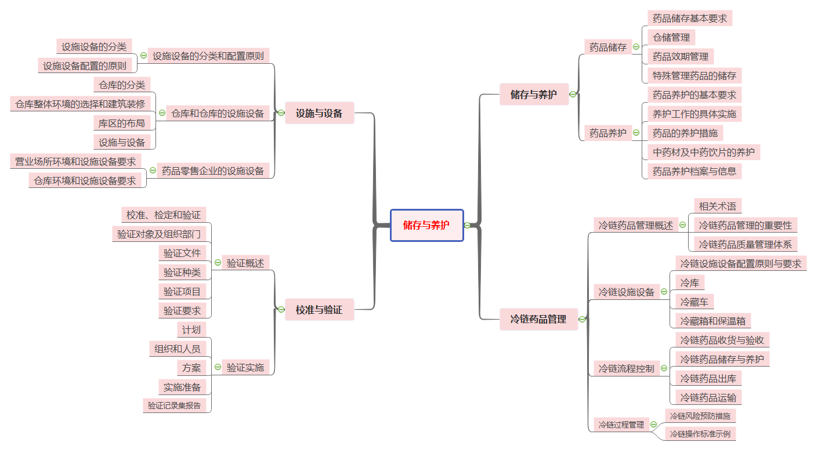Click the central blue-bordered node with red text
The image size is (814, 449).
coord(426,225)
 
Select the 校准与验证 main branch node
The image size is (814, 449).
coord(319,310)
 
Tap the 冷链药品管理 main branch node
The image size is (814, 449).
coord(538,319)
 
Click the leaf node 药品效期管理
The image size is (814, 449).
coord(680,56)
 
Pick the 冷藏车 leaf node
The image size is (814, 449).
coord(694,302)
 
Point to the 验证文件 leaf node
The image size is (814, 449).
coord(182,253)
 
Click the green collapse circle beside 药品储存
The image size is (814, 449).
coord(636,47)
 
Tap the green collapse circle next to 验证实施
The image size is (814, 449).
coord(218,367)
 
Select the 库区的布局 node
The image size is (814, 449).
coord(122,123)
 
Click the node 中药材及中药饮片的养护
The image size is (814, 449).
coord(703,152)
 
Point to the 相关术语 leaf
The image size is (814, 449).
coord(717,206)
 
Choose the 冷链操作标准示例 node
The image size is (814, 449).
coord(700,433)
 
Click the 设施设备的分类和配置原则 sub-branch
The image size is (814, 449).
coord(208,56)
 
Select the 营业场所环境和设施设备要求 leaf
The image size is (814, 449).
coord(75,161)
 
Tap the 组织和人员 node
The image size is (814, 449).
coord(178,349)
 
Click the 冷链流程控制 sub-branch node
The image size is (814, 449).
coord(626,368)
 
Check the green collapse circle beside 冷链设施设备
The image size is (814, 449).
coord(664,292)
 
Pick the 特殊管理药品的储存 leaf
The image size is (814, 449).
coord(694,75)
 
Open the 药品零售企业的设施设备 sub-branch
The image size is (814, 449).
coord(213,171)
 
